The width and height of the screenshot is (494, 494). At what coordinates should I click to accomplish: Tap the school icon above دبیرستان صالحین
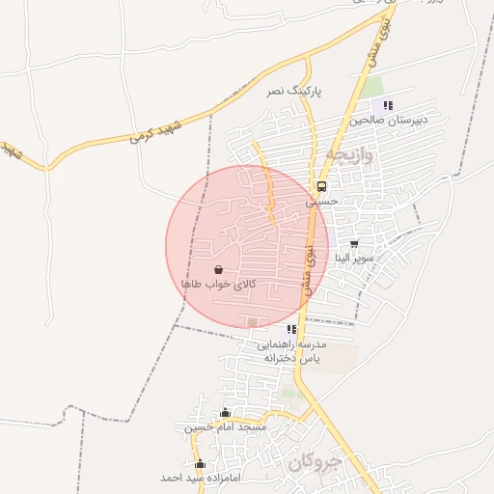pyautogui.click(x=388, y=106)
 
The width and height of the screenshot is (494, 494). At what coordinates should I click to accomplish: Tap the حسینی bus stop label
pyautogui.click(x=323, y=202)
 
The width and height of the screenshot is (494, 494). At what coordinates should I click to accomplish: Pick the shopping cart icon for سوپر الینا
pyautogui.click(x=354, y=244)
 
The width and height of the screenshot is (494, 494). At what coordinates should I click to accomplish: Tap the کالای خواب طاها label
pyautogui.click(x=219, y=285)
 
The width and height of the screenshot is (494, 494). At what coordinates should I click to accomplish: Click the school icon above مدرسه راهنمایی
pyautogui.click(x=291, y=330)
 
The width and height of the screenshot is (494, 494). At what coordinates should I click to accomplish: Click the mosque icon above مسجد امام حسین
pyautogui.click(x=226, y=413)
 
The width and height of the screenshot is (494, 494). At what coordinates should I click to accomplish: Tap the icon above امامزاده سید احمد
pyautogui.click(x=200, y=464)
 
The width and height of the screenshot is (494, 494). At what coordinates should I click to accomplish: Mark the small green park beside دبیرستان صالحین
pyautogui.click(x=372, y=87)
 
